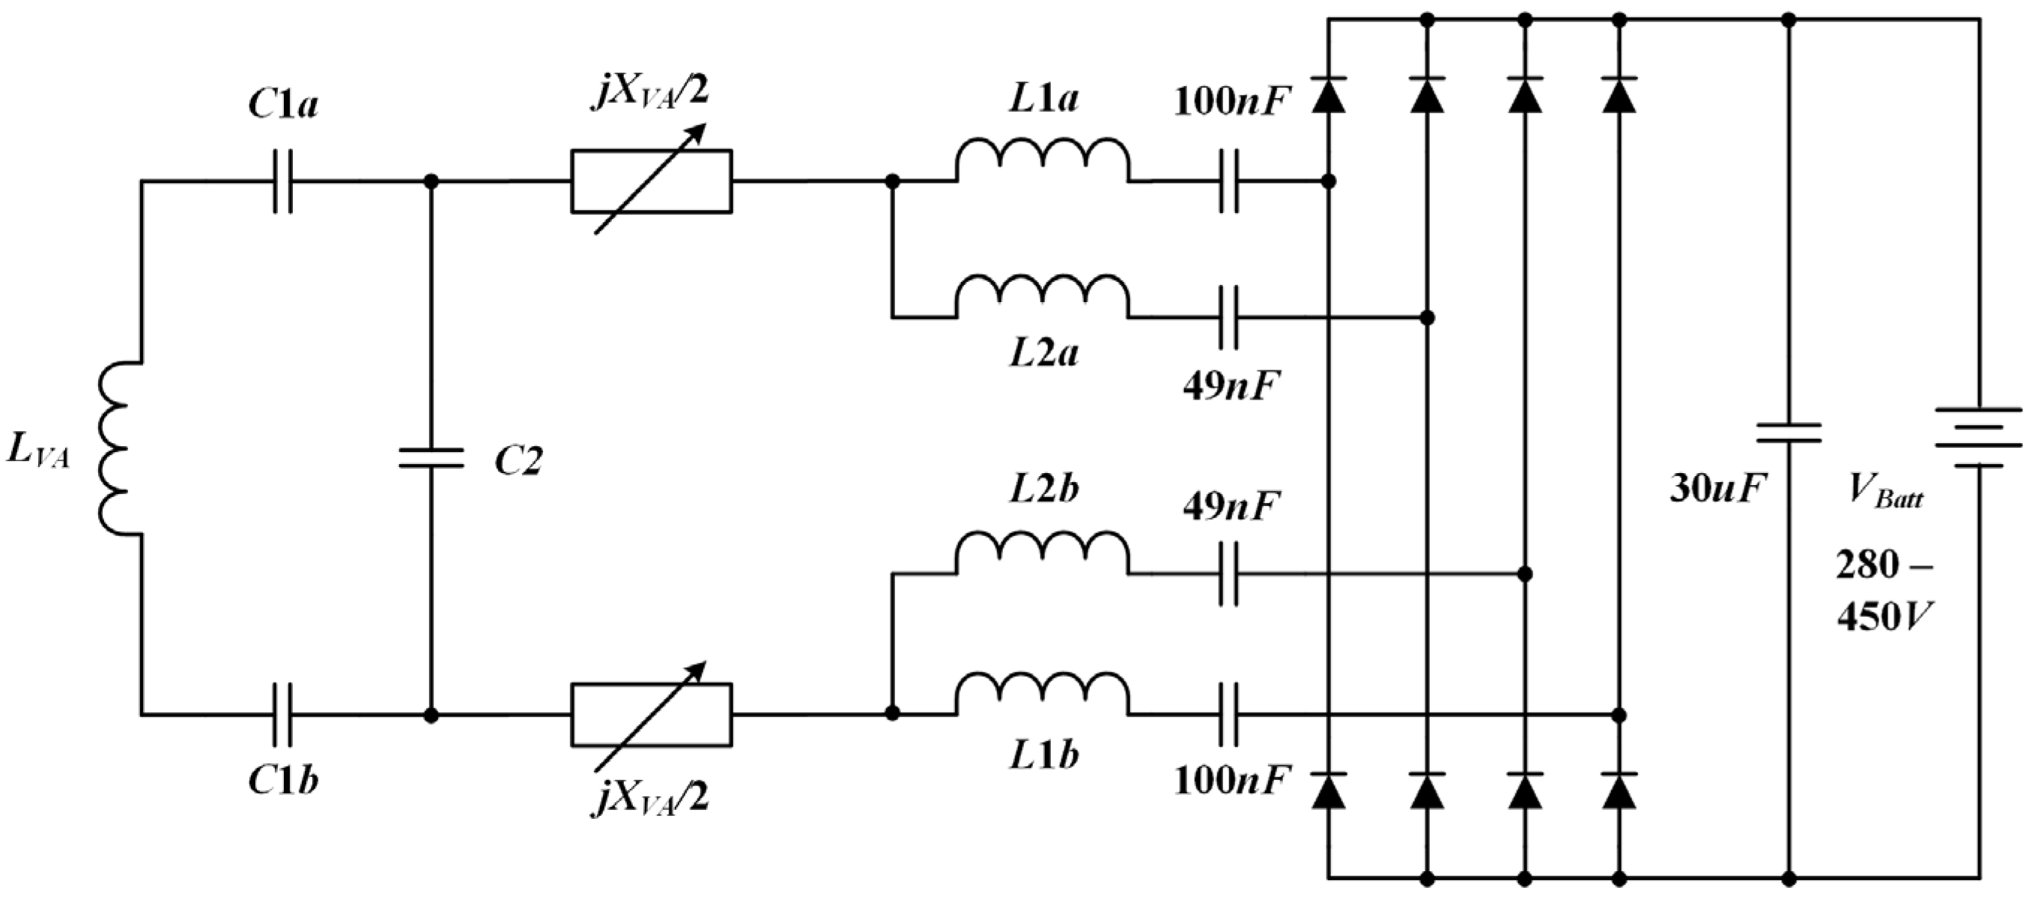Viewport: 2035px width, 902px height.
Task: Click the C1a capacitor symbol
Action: [283, 181]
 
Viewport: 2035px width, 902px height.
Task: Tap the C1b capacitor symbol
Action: [283, 715]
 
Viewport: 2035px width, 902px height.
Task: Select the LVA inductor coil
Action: [115, 449]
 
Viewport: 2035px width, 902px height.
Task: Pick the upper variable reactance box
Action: [652, 181]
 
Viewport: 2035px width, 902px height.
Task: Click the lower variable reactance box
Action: [652, 715]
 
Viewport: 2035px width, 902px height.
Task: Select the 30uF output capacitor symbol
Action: [1789, 433]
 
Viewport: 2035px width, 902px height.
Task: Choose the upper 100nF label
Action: [1231, 102]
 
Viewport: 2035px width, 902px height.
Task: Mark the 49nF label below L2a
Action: [1231, 387]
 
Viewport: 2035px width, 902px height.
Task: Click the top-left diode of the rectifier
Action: [1329, 96]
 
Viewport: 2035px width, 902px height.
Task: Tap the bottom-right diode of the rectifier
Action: [1619, 790]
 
